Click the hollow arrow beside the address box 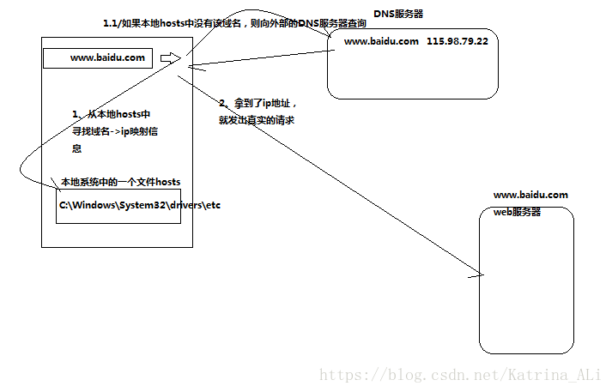click(170, 58)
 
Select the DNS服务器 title click(398, 15)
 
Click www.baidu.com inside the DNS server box click(381, 41)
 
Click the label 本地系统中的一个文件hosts click(120, 182)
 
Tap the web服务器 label click(517, 212)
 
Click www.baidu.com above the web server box click(530, 195)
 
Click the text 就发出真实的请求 click(257, 121)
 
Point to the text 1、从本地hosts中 click(112, 114)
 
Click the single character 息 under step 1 click(76, 148)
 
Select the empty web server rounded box click(525, 283)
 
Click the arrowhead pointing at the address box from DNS click(191, 64)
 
